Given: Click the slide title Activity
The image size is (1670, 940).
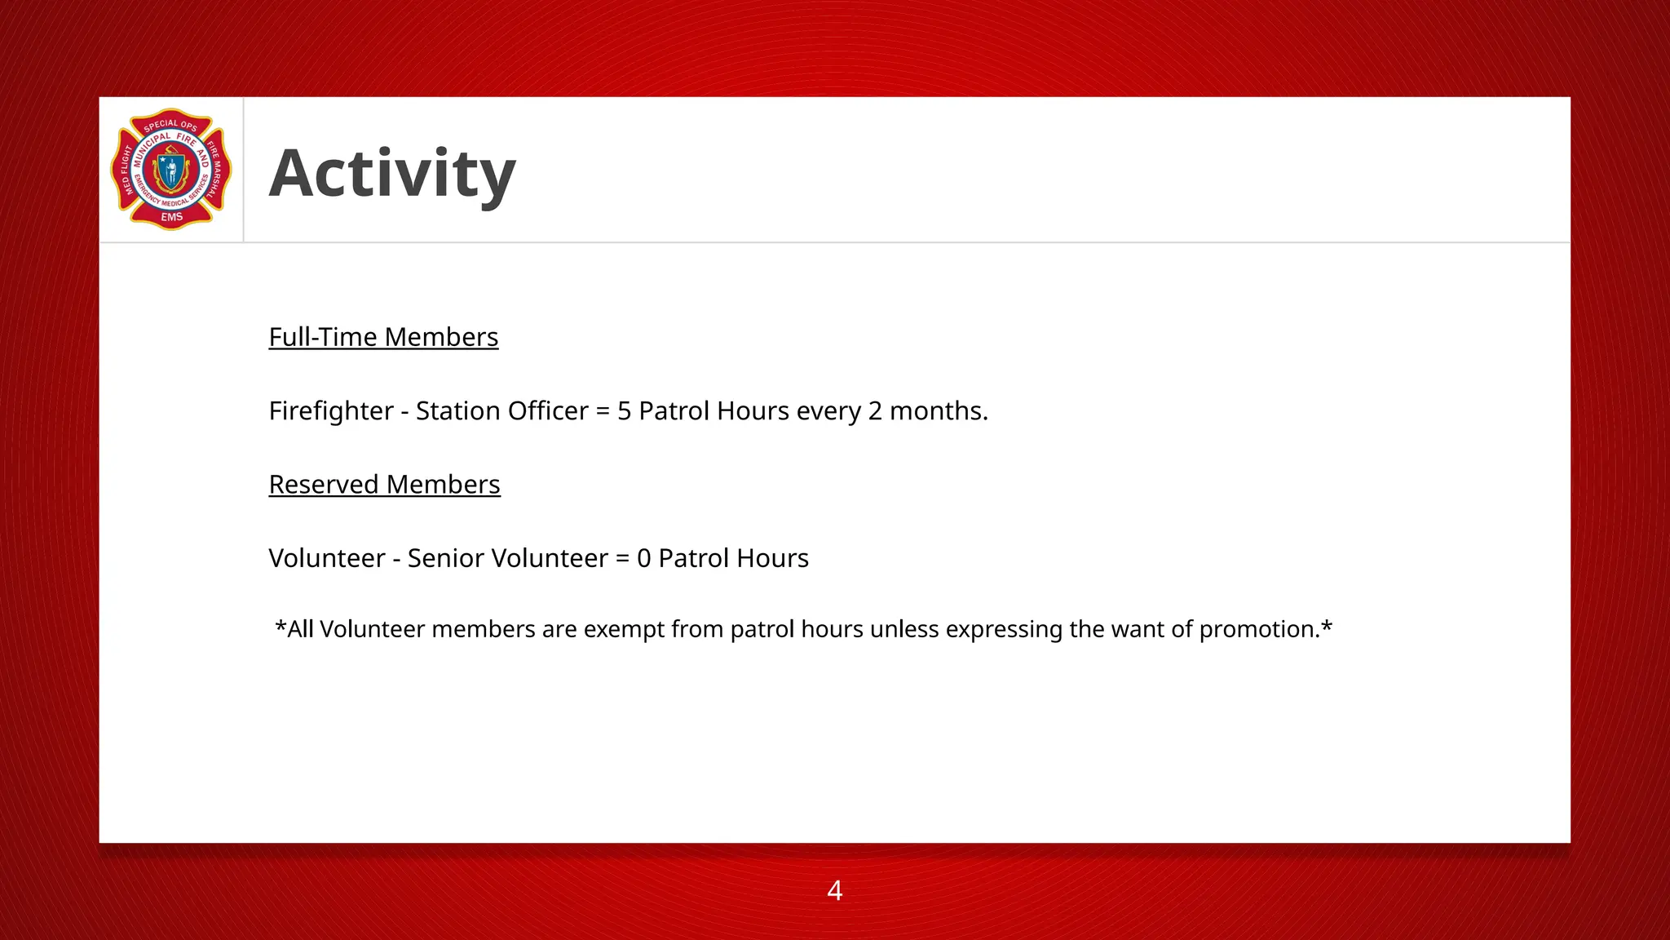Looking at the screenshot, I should click(x=392, y=173).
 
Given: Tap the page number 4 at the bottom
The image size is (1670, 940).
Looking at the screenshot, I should click(x=834, y=890).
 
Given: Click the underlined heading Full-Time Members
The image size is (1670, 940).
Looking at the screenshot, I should click(x=383, y=337).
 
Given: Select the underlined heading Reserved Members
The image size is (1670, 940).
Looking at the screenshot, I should click(x=384, y=485).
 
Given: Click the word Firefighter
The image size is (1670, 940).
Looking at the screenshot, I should click(x=331, y=410).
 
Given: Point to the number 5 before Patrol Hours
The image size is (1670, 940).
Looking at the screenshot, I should click(x=624, y=410).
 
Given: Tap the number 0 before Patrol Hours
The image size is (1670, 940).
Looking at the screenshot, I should click(x=643, y=558).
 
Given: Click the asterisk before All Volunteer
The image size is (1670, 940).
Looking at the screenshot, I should click(x=280, y=627).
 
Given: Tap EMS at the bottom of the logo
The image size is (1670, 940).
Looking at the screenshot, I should click(x=171, y=217).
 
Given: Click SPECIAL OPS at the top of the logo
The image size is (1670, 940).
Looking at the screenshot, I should click(x=170, y=125).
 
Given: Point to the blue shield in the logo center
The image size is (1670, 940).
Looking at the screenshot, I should click(x=171, y=171).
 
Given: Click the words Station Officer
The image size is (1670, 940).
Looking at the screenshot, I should click(x=501, y=410).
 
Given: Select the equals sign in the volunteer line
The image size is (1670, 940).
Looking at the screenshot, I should click(x=622, y=558).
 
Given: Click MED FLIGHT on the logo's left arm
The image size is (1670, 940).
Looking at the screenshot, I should click(x=126, y=170).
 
